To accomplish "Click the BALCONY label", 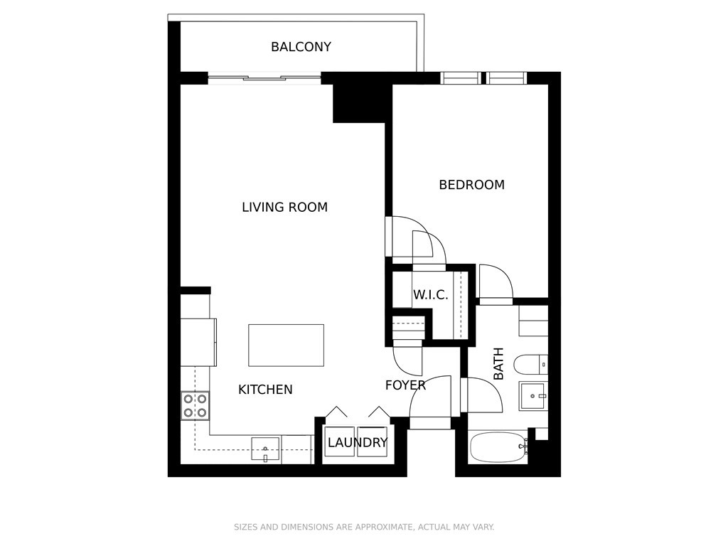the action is coord(301,47).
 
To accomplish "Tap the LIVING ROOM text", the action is coord(284,207).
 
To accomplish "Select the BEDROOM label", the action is coord(472,185).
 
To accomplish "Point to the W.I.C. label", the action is coord(430,295).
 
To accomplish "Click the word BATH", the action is coord(498,363).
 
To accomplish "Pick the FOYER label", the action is coord(405,385).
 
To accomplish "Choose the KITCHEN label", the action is coord(265,390).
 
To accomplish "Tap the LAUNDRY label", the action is coord(358,442).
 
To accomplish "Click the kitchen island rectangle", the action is coord(286,346).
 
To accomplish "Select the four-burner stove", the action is coord(195,405).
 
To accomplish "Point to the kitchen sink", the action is coord(266,449).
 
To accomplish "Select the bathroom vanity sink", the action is coord(533,396).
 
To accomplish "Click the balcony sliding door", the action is coord(264,78).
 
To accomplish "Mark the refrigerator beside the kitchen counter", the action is coord(199,342).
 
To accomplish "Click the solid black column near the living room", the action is coord(359,104).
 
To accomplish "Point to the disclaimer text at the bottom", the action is coord(364,527).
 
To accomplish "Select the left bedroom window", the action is coord(460,78).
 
